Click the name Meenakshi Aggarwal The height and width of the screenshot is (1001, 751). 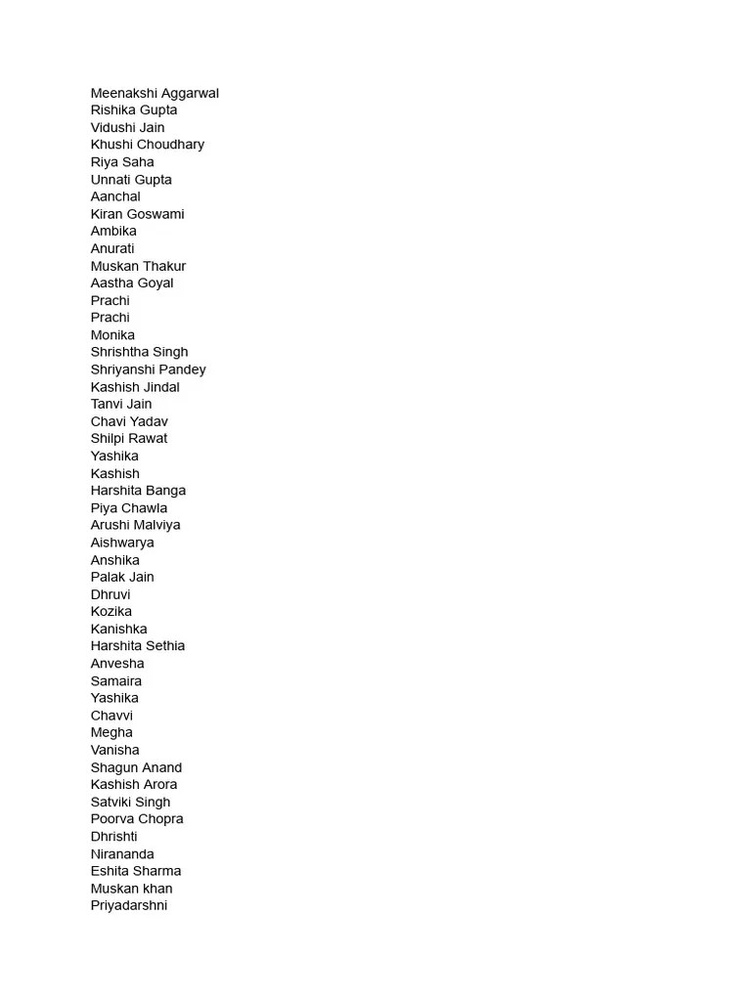click(x=155, y=93)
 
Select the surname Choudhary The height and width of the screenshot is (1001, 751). click(x=170, y=145)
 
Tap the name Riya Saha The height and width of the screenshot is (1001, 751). click(x=122, y=162)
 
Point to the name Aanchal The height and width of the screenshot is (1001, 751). click(x=115, y=196)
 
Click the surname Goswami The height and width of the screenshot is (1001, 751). click(x=155, y=214)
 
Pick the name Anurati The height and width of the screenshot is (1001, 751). click(x=112, y=248)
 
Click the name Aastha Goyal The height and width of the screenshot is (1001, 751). click(x=132, y=283)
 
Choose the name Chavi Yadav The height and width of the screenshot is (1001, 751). click(x=129, y=421)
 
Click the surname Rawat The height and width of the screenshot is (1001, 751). click(x=148, y=439)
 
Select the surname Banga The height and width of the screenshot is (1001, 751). click(x=165, y=491)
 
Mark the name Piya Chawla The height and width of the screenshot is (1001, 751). click(x=129, y=508)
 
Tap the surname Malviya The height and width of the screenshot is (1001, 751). click(x=157, y=525)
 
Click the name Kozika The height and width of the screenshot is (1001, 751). click(x=111, y=612)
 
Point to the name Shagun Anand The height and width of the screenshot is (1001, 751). click(x=136, y=767)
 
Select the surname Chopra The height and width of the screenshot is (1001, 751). click(x=160, y=819)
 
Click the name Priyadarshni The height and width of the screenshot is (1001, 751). click(x=129, y=906)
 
